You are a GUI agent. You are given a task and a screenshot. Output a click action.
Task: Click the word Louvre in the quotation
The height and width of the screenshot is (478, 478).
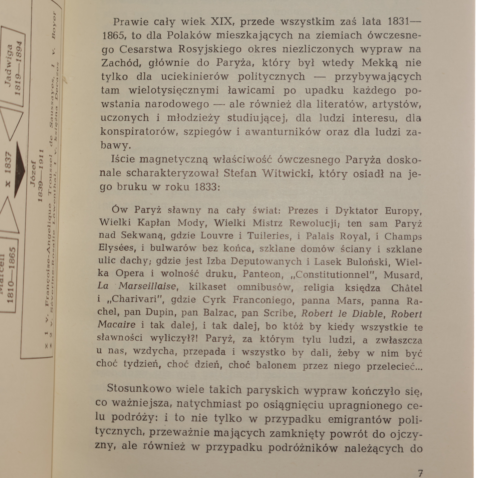tap(217, 235)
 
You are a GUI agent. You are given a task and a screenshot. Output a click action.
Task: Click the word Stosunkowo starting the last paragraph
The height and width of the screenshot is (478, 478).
tap(139, 389)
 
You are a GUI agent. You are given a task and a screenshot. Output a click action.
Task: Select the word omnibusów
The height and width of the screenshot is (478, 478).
tap(264, 287)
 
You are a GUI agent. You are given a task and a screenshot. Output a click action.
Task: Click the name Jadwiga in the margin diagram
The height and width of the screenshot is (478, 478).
tap(9, 65)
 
